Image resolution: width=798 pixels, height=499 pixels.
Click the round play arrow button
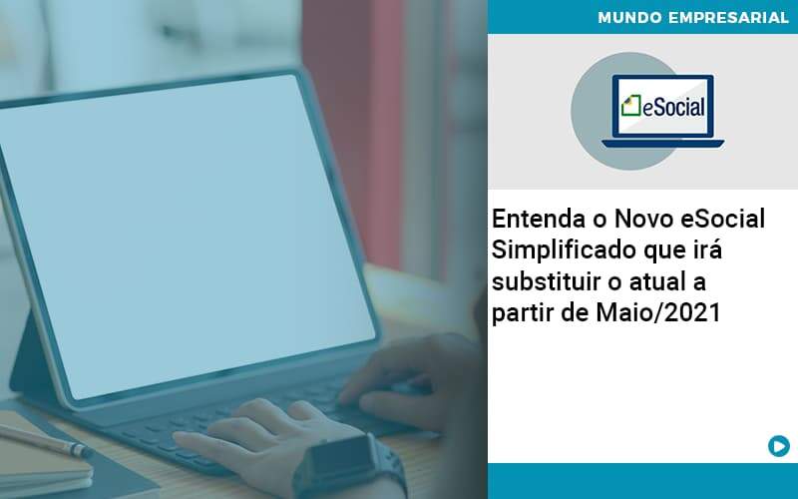(x=779, y=446)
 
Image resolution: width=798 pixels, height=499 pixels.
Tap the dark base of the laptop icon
(x=662, y=142)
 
